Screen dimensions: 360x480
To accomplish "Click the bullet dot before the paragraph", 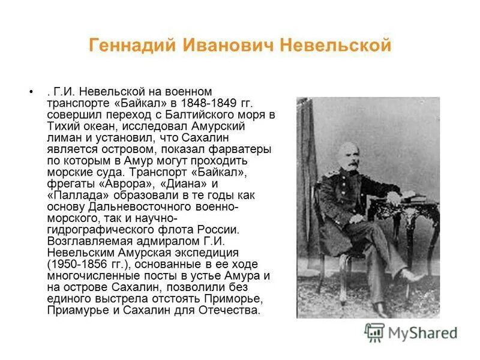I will tap(30, 92).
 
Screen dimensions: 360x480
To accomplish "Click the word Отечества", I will tap(232, 311).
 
